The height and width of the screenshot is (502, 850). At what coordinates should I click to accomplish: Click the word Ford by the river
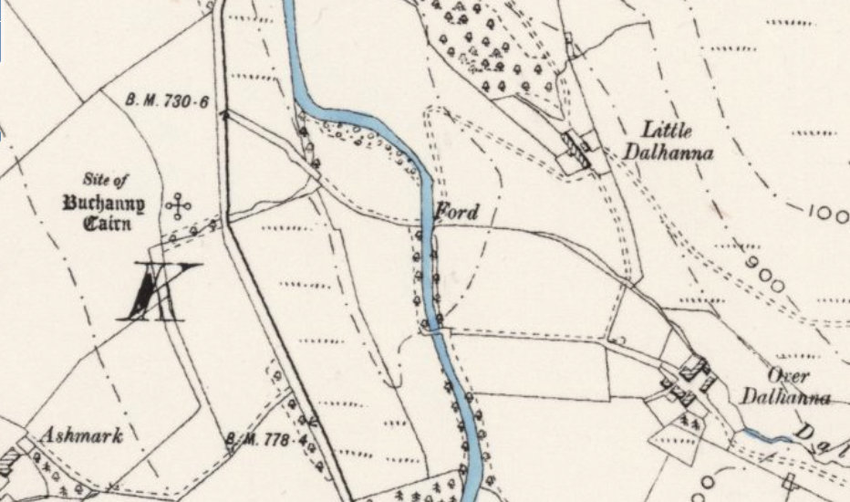(455, 212)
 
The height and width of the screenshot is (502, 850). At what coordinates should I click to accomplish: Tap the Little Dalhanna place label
(669, 141)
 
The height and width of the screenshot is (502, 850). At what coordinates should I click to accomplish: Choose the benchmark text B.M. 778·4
(265, 441)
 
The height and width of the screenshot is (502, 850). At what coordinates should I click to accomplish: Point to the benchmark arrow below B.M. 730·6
(223, 115)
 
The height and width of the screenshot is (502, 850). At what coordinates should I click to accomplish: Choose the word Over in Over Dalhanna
(784, 376)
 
